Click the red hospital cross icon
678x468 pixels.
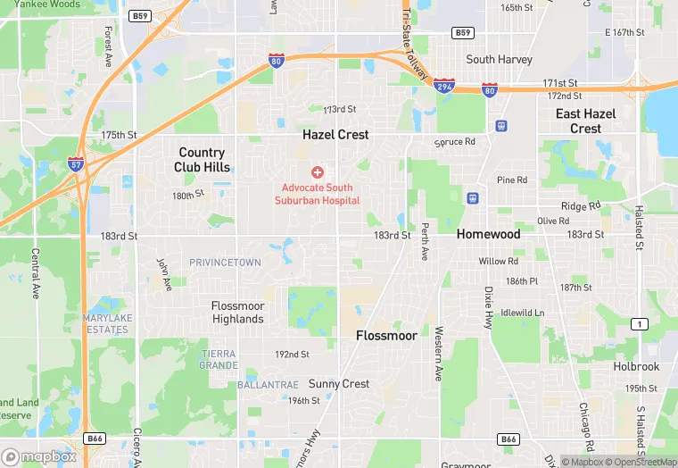(x=317, y=171)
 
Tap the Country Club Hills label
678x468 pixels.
(x=202, y=160)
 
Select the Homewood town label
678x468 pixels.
(x=488, y=234)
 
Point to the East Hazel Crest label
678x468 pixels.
(x=585, y=121)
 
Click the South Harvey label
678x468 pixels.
(x=499, y=60)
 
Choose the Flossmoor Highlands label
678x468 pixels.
(x=238, y=313)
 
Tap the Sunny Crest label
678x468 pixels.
(x=339, y=384)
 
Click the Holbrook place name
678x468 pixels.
(x=636, y=366)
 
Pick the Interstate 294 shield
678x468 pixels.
(x=443, y=85)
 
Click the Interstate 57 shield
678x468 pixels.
(x=77, y=164)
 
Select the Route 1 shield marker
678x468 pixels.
(x=639, y=323)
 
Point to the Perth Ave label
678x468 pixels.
(x=426, y=241)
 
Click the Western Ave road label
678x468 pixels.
(x=439, y=356)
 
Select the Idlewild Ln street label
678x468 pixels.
(x=523, y=313)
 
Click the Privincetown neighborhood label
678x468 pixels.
(x=225, y=263)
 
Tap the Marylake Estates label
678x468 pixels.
(x=106, y=324)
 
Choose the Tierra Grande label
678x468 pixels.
(x=219, y=359)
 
